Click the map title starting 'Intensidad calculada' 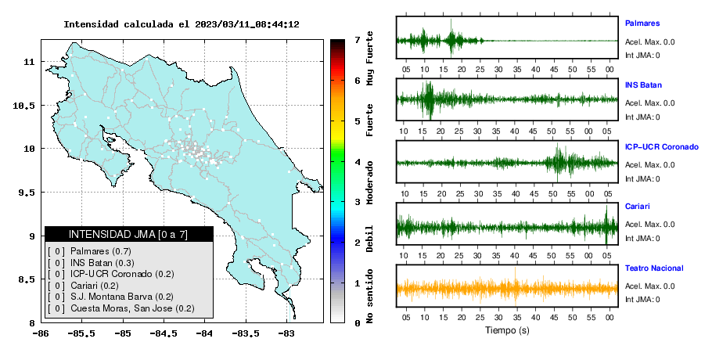pos(182,24)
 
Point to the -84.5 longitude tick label pos(164,333)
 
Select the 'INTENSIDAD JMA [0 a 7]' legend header pos(128,234)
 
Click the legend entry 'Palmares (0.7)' pos(101,251)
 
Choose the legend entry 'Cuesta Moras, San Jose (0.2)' pos(132,308)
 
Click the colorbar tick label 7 pos(358,40)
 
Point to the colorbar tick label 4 pos(358,162)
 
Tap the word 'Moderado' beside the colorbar pos(369,182)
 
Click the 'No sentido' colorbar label pos(369,296)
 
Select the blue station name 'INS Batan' pos(643,85)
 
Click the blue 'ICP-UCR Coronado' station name pos(662,147)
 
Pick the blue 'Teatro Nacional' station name pos(654,268)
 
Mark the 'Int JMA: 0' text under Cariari pos(642,239)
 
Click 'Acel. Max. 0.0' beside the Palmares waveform pos(649,42)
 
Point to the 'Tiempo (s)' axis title pos(507,330)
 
